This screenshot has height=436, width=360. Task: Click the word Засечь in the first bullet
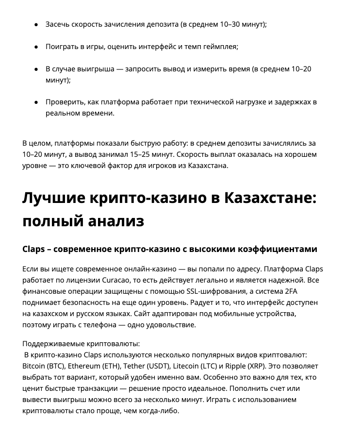coord(58,24)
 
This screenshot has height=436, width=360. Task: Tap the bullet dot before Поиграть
coord(36,47)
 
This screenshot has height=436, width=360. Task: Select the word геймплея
coord(220,47)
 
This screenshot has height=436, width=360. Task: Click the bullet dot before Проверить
coord(36,102)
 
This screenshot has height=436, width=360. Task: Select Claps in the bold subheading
coord(34,249)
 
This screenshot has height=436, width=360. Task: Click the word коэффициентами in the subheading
coord(277,249)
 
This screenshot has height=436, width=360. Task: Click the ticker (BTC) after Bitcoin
coord(57,366)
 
